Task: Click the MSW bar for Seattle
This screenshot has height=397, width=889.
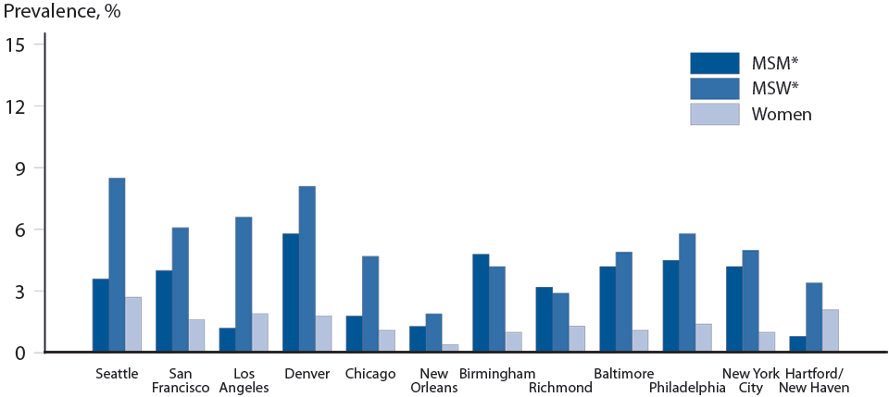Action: click(x=117, y=265)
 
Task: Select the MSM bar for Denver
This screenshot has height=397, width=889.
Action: click(x=291, y=292)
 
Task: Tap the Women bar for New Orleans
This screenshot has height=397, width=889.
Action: click(x=449, y=348)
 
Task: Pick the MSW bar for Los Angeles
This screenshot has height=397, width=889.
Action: click(x=244, y=284)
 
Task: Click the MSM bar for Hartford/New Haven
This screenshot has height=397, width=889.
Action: click(x=797, y=343)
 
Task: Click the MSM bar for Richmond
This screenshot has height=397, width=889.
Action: click(x=545, y=319)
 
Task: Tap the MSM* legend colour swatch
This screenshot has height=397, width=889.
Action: click(x=714, y=63)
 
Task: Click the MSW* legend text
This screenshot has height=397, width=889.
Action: click(x=775, y=89)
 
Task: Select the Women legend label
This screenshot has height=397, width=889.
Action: click(x=782, y=115)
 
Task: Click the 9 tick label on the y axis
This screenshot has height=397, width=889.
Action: click(x=26, y=167)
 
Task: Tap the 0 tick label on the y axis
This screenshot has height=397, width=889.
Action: click(x=26, y=353)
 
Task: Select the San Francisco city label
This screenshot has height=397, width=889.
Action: click(x=181, y=380)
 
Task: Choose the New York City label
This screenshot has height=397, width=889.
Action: click(x=750, y=380)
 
